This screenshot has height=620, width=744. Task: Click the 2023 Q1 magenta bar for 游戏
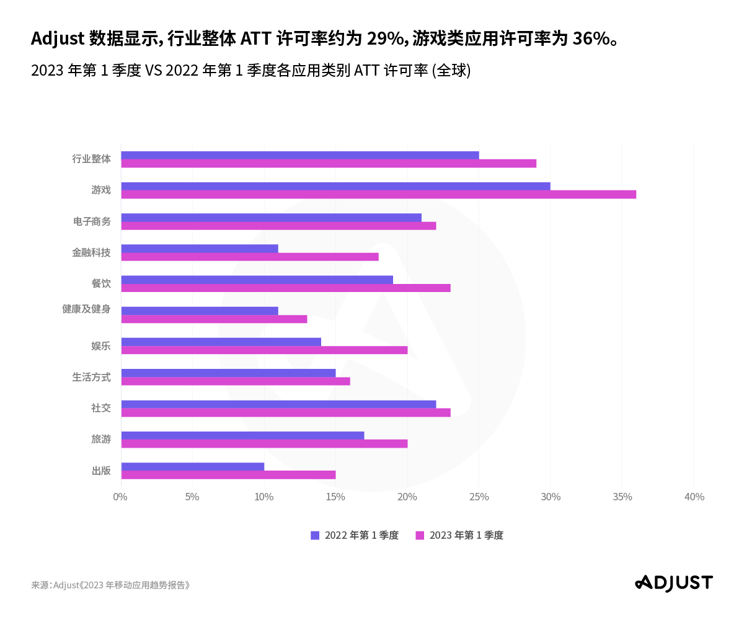(x=378, y=195)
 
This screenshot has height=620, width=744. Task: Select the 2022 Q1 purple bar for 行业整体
(x=300, y=155)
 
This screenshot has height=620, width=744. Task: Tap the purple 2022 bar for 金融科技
(x=200, y=249)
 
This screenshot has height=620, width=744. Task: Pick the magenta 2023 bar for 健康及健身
(x=214, y=319)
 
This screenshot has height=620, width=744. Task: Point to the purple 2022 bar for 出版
(x=193, y=466)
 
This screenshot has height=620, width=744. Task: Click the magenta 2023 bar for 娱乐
(x=264, y=350)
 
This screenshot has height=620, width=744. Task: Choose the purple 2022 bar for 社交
(x=278, y=404)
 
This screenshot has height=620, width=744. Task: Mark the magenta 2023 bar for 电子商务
(x=278, y=226)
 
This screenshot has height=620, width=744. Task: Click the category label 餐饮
(x=101, y=283)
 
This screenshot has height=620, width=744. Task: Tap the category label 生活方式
(x=91, y=376)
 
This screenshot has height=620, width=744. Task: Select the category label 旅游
(x=101, y=439)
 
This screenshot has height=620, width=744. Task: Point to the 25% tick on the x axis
(x=479, y=497)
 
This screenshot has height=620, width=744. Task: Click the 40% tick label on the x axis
(x=694, y=497)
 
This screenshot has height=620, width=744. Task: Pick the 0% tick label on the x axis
(x=120, y=497)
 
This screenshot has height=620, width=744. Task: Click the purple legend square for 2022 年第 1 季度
(x=315, y=535)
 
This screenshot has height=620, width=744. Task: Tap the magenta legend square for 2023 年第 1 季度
(x=420, y=535)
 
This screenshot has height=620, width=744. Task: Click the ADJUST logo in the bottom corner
(x=674, y=583)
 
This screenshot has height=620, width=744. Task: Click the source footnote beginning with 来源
(x=110, y=585)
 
